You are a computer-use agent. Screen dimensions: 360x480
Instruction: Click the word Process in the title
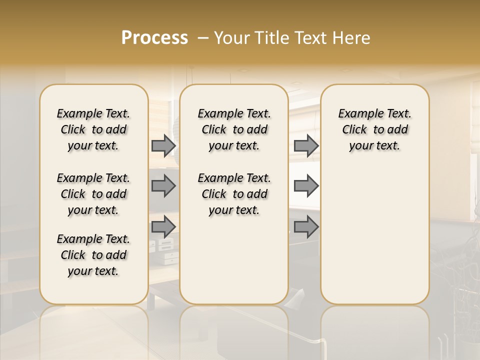[154, 37]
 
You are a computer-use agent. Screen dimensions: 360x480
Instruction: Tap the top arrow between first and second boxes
[163, 146]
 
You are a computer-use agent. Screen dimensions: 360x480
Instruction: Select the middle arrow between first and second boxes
[163, 186]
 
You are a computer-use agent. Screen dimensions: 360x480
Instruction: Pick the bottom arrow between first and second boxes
[163, 226]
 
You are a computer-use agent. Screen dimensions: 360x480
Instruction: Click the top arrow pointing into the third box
[306, 146]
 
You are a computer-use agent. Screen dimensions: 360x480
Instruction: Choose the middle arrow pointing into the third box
[306, 186]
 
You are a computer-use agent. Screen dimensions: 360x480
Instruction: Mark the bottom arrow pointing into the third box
[306, 226]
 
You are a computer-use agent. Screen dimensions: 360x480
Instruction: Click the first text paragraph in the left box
[93, 129]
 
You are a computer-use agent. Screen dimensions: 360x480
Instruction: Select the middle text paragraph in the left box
[93, 194]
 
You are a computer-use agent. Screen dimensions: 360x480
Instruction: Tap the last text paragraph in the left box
[93, 255]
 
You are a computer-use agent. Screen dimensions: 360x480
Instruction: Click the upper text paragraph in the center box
[234, 129]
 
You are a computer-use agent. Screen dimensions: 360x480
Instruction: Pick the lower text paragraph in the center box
[234, 194]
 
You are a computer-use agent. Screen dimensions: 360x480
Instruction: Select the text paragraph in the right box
[374, 129]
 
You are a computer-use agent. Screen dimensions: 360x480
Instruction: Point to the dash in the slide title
[203, 38]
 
